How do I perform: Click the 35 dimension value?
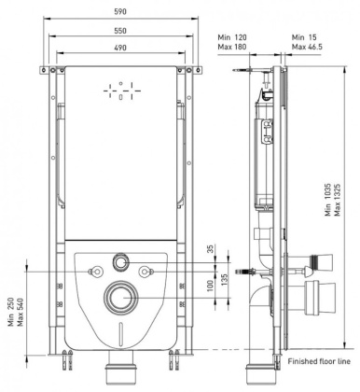[211, 250]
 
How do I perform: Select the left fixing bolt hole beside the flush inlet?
[93, 271]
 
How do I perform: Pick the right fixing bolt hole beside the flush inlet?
[146, 271]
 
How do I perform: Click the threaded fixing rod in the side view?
[244, 272]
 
